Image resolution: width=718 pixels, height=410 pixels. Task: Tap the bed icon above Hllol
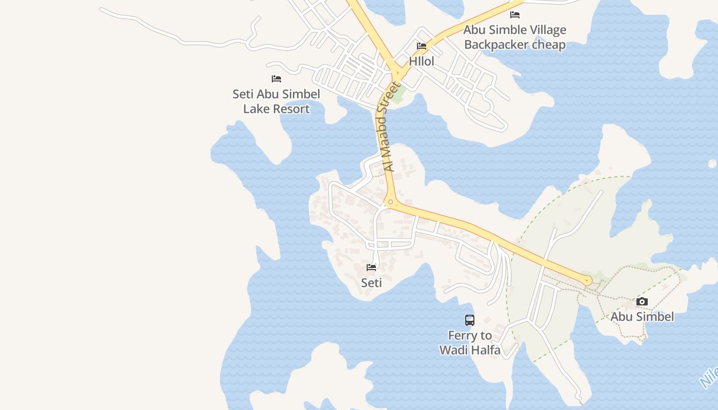(422, 46)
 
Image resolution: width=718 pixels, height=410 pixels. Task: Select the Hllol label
(422, 61)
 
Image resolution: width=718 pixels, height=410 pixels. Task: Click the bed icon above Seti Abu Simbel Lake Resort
(276, 79)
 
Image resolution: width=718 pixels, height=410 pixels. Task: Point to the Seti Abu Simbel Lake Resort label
(276, 101)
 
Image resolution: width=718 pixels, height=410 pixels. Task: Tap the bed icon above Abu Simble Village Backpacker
(515, 15)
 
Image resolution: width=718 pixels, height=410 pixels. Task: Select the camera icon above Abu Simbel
(642, 301)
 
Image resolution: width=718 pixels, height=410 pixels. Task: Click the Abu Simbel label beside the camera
(642, 317)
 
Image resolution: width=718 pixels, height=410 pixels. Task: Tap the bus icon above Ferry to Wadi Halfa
(470, 320)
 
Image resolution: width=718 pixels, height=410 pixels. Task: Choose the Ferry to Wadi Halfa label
(470, 343)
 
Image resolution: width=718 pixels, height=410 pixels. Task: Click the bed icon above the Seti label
(371, 268)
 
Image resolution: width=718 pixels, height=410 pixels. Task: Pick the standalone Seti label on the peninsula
(371, 282)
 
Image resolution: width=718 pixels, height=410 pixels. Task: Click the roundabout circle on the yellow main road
(391, 202)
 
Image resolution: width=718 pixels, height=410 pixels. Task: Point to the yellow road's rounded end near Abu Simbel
(587, 280)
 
